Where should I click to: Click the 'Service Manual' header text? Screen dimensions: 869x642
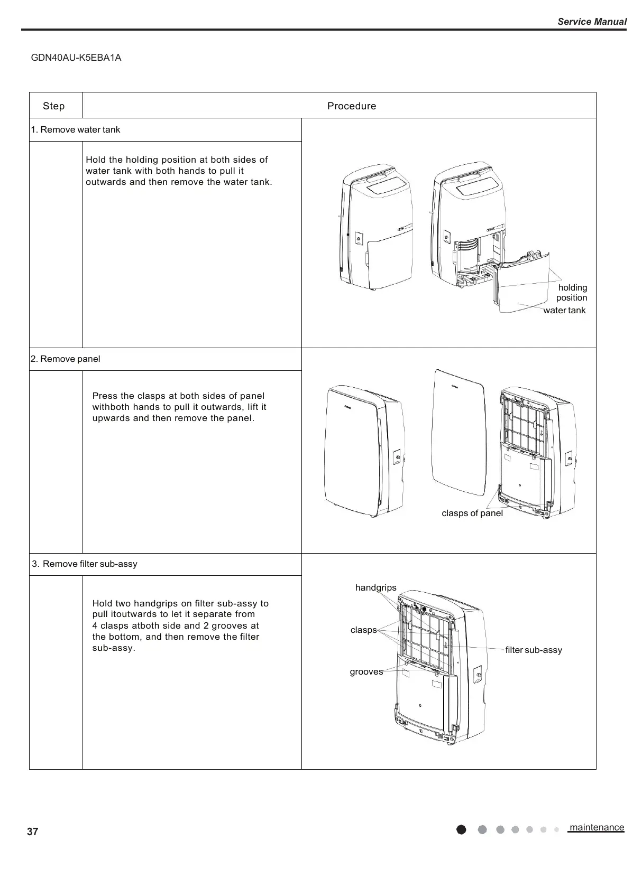pyautogui.click(x=592, y=22)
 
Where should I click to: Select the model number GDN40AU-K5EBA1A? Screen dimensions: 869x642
pyautogui.click(x=76, y=58)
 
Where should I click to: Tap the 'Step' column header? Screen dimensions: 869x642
pyautogui.click(x=54, y=106)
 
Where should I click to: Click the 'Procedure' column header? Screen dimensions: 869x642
pyautogui.click(x=352, y=106)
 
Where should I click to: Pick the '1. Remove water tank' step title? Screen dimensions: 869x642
pyautogui.click(x=76, y=130)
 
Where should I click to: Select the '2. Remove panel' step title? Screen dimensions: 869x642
pyautogui.click(x=66, y=359)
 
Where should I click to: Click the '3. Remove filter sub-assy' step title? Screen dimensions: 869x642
pyautogui.click(x=85, y=564)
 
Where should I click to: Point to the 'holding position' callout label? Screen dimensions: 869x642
pyautogui.click(x=572, y=293)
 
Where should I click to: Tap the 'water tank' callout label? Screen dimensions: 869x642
pyautogui.click(x=564, y=311)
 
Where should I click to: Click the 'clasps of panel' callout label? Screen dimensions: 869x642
pyautogui.click(x=472, y=513)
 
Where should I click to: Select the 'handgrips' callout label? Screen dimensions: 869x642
pyautogui.click(x=375, y=588)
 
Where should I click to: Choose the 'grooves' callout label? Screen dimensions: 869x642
pyautogui.click(x=366, y=672)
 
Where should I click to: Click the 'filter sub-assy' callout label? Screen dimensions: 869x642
pyautogui.click(x=533, y=650)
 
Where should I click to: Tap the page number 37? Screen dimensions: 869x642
pyautogui.click(x=33, y=832)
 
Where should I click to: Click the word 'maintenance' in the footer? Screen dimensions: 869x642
pyautogui.click(x=597, y=828)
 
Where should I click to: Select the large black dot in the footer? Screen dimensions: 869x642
pyautogui.click(x=461, y=830)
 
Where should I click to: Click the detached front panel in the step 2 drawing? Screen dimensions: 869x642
pyautogui.click(x=458, y=433)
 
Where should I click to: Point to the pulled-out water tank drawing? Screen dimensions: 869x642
pyautogui.click(x=521, y=285)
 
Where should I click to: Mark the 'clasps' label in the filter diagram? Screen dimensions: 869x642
pyautogui.click(x=363, y=630)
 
